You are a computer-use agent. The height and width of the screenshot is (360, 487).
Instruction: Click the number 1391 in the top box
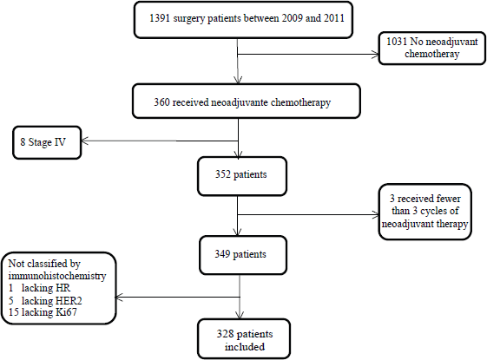coord(160,18)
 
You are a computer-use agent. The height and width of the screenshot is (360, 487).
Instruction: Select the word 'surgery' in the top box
coord(189,19)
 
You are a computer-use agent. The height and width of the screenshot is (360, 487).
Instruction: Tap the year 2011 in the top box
coord(334,18)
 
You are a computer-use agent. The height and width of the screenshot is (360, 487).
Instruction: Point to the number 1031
coord(397,42)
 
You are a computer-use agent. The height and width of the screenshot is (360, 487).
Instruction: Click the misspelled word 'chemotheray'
coord(431,54)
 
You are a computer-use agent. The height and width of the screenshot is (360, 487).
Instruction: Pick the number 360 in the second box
coord(161,102)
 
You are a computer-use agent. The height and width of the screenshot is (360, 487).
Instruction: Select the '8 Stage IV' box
coord(47,142)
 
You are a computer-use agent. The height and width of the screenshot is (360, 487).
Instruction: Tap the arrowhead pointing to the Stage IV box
coord(84,141)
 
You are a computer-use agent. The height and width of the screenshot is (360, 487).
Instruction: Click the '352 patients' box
coord(242,176)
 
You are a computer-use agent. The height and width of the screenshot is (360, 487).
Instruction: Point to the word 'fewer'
coord(449,199)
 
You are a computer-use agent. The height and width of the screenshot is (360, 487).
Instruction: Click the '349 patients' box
coord(243,255)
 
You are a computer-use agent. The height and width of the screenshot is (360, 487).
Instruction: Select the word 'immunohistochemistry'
coord(57,276)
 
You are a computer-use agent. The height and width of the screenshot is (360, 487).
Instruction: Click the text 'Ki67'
coord(66,312)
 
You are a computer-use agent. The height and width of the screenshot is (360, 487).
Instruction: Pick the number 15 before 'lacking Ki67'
coord(14,312)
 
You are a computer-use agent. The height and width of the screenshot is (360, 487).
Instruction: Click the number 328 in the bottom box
coord(225,334)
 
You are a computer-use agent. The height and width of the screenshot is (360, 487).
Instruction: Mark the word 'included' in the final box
coord(245,347)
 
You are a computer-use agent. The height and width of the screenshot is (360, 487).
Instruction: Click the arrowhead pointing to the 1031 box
coord(375,55)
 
